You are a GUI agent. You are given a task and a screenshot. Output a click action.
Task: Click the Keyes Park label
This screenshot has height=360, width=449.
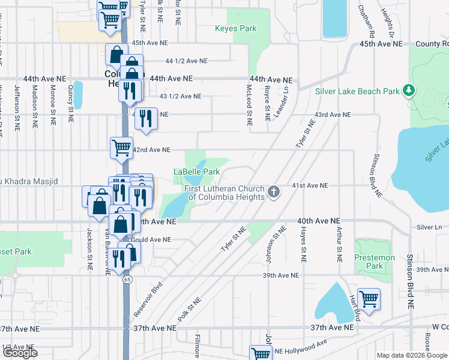[x=236, y=28]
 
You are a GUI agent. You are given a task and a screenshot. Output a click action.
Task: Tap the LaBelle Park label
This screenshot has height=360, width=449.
[x=196, y=172]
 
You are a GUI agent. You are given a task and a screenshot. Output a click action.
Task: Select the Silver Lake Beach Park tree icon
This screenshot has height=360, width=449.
[x=409, y=91]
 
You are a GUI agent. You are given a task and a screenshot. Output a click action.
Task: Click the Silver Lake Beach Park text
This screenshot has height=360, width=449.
[x=357, y=92]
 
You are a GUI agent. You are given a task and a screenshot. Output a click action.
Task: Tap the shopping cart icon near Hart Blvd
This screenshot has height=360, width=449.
[x=369, y=298]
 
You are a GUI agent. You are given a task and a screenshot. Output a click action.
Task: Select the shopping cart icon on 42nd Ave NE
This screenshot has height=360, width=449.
[x=121, y=146]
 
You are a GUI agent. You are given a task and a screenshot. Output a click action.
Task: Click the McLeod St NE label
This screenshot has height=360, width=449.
[x=249, y=100]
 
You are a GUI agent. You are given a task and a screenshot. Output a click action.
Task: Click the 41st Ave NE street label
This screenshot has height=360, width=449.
[x=310, y=186]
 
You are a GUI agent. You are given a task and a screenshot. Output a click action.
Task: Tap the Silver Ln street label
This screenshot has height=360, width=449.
[x=429, y=227]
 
